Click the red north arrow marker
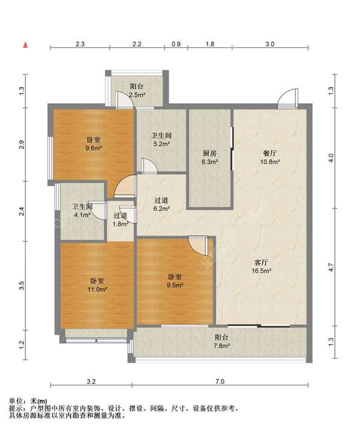pyautogui.click(x=25, y=44)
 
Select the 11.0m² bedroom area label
pyautogui.click(x=97, y=289)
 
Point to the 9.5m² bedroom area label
pyautogui.click(x=175, y=285)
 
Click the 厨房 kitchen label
pyautogui.click(x=209, y=153)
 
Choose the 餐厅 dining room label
pyautogui.click(x=270, y=153)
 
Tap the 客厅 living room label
pyautogui.click(x=261, y=262)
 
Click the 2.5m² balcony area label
pyautogui.click(x=137, y=95)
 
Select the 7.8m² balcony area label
pyautogui.click(x=221, y=345)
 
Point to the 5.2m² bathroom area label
pyautogui.click(x=161, y=144)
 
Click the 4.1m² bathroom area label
pyautogui.click(x=82, y=214)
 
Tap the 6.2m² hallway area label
pyautogui.click(x=161, y=209)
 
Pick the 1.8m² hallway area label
pyautogui.click(x=121, y=224)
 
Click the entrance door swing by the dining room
pyautogui.click(x=288, y=98)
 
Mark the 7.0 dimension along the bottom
pyautogui.click(x=220, y=381)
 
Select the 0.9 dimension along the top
pyautogui.click(x=176, y=44)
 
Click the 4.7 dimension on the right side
pyautogui.click(x=331, y=267)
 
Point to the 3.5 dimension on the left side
pyautogui.click(x=22, y=285)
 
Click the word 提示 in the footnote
pyautogui.click(x=16, y=408)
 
